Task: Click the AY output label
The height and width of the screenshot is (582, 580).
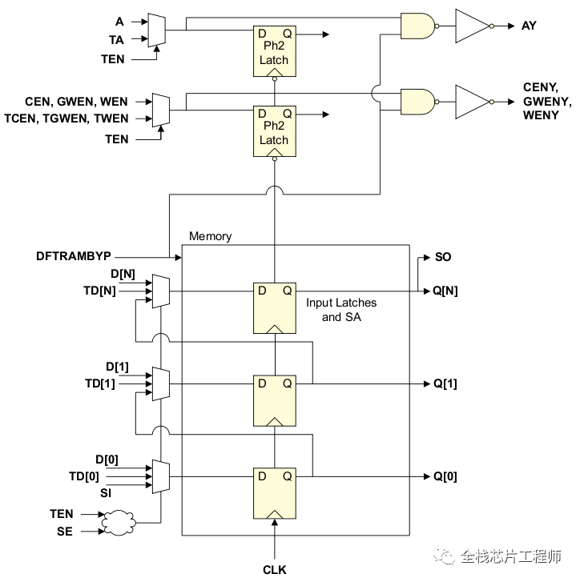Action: point(529,26)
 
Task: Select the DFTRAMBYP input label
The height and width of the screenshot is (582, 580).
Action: point(74,256)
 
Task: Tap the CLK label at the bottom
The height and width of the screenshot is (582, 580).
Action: point(274,569)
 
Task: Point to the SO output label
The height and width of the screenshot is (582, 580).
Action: point(442,257)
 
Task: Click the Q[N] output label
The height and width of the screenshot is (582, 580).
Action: point(446,291)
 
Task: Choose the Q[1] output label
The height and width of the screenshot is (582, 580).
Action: point(445,383)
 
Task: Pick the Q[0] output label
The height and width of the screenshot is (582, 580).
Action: point(445,476)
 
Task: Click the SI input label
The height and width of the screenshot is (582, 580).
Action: point(106,492)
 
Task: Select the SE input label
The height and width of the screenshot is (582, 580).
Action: point(64,532)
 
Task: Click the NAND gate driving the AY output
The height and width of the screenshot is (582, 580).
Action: point(418,26)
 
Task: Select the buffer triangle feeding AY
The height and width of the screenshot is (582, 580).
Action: point(471,26)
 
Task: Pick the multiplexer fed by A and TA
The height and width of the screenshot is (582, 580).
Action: point(158,30)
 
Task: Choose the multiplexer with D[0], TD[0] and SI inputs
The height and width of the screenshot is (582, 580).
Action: point(161,476)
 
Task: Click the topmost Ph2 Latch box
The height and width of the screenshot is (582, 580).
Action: point(274,50)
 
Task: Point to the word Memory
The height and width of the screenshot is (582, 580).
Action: point(210,236)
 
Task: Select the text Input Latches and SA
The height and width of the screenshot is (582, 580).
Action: point(340,309)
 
